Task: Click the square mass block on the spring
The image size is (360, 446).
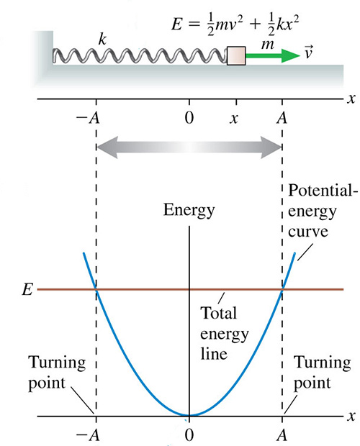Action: [x=236, y=56]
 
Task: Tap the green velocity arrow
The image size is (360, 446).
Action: [x=273, y=55]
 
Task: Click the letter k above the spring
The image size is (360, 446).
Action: [x=102, y=39]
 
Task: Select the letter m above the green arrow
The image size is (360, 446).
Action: [x=268, y=45]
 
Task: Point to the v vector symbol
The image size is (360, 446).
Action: [x=308, y=52]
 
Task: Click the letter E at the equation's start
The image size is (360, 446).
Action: [x=176, y=24]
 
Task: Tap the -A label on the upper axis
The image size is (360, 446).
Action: [x=88, y=118]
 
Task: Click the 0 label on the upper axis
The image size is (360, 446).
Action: [x=189, y=117]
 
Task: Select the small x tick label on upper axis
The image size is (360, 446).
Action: [x=234, y=119]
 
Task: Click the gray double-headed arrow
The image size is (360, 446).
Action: [x=189, y=147]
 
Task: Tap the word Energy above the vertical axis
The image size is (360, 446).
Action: [x=189, y=211]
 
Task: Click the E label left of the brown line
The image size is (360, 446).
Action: [x=27, y=290]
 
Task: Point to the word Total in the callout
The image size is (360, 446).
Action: [x=219, y=313]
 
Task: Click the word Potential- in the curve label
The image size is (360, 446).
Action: [x=323, y=190]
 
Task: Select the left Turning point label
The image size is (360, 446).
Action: [x=57, y=373]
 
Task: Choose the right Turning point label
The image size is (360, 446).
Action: [x=322, y=373]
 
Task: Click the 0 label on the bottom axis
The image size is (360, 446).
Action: [x=189, y=435]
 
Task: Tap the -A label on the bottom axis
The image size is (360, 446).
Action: [x=88, y=435]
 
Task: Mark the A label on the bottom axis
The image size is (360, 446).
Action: [x=282, y=435]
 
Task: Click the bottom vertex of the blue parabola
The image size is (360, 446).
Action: [x=189, y=416]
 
